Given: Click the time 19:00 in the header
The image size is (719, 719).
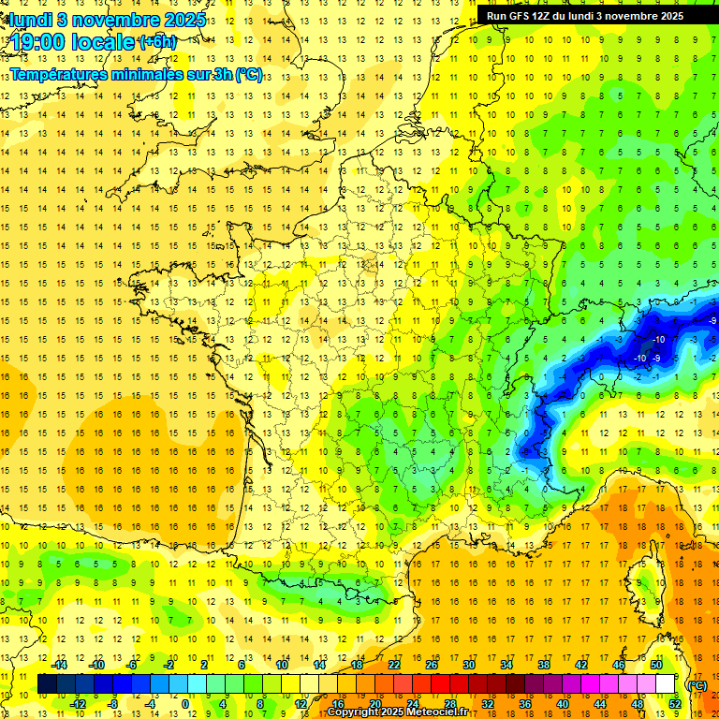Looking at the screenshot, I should [38, 42].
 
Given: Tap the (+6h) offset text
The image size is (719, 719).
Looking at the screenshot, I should [156, 41].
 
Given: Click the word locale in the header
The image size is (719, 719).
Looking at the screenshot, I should [101, 42].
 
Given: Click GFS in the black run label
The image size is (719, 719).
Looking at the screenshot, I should [522, 16].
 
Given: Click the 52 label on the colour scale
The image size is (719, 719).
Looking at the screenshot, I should [676, 704].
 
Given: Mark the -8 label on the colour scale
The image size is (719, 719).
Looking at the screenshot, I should [112, 704].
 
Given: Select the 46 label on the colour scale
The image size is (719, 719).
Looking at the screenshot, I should [618, 665].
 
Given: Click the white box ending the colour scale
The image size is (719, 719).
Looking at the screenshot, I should [666, 684].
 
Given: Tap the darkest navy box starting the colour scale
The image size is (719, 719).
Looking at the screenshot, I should [47, 684].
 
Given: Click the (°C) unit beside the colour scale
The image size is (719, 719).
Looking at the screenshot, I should [697, 684].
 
